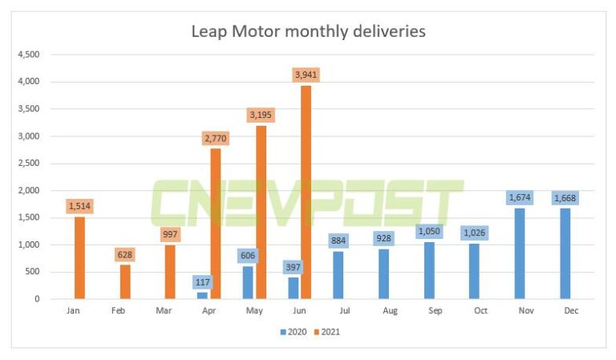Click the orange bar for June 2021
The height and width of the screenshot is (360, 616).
(x=306, y=192)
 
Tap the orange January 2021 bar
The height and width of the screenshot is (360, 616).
(x=79, y=257)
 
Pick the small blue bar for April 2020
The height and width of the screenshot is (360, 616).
(x=202, y=295)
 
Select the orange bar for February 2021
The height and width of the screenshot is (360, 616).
(x=124, y=281)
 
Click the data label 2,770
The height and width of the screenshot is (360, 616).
(x=215, y=138)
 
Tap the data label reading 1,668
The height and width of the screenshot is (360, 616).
(x=565, y=198)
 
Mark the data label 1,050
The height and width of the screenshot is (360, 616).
(x=428, y=231)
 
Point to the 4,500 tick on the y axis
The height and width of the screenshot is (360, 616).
(x=30, y=55)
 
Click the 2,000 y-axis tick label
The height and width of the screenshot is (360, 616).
(x=30, y=191)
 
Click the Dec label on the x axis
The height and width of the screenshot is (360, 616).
(x=570, y=310)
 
